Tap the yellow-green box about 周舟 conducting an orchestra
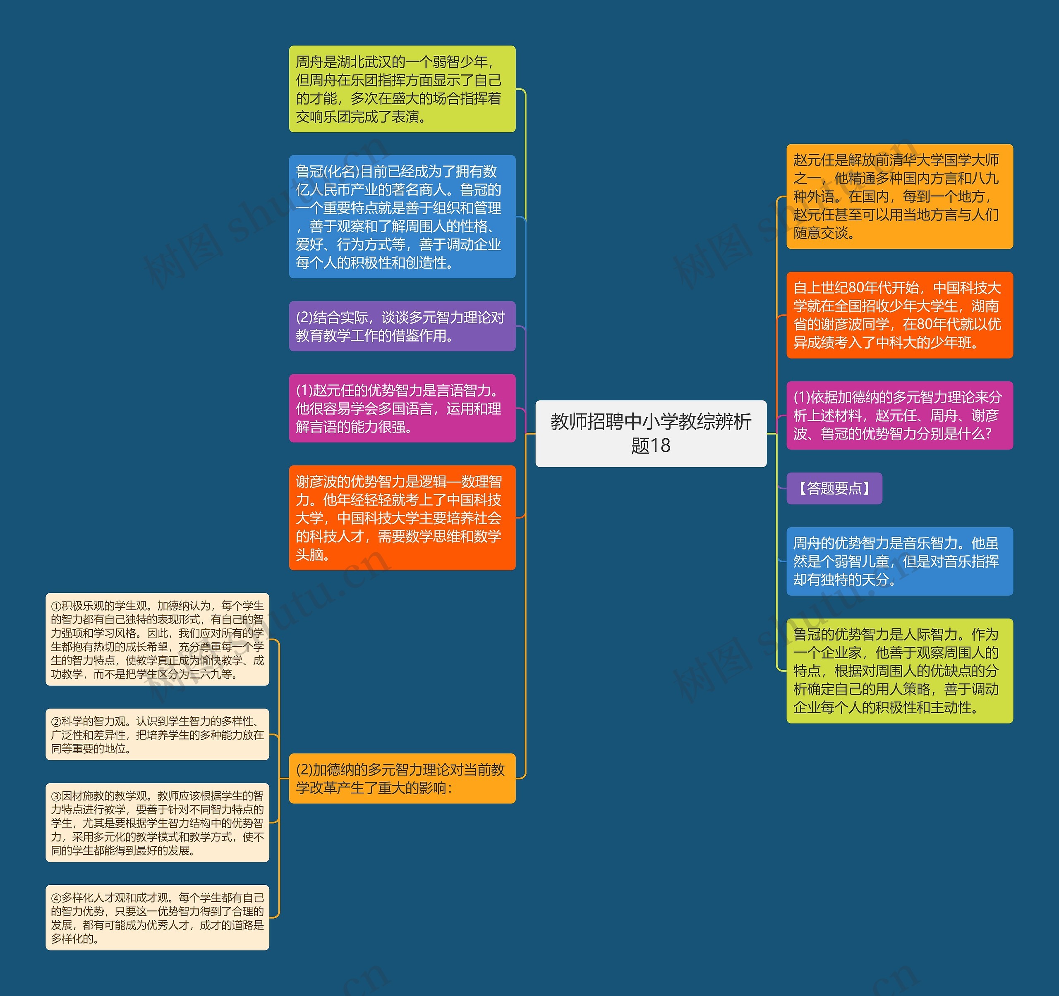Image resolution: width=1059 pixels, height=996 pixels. pos(402,89)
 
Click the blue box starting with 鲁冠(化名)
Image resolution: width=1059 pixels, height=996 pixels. pos(402,216)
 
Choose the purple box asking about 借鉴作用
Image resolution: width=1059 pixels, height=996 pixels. pos(402,326)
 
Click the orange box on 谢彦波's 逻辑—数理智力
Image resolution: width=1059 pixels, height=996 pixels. pos(402,517)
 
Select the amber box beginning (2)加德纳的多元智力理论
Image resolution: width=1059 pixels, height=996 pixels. pos(402,778)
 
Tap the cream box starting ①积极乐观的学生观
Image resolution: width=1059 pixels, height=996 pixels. pos(157,639)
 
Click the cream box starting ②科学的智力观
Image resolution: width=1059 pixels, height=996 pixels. pos(157,734)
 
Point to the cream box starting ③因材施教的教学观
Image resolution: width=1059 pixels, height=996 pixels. pos(157,822)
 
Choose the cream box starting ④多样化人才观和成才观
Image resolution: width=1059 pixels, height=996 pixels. pos(157,917)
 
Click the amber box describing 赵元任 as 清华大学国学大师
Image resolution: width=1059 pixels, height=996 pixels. pos(899,196)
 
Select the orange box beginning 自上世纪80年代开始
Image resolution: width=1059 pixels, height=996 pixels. pos(899,315)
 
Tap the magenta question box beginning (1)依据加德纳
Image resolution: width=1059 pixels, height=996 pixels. pos(899,415)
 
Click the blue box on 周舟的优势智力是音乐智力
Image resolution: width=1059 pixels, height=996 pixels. pos(899,561)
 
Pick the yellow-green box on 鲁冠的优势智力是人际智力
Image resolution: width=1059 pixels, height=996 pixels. pos(899,670)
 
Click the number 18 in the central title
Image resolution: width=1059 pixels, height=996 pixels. pos(661,446)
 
